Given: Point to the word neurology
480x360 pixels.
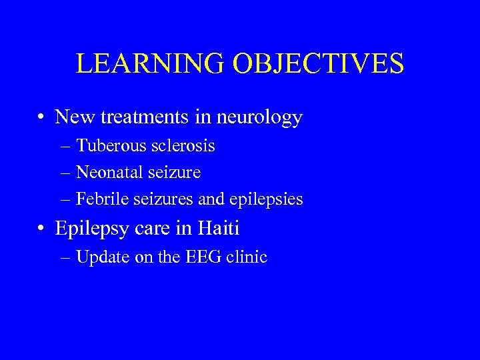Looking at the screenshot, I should pos(261,118).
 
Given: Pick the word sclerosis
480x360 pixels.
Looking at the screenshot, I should pos(185,145).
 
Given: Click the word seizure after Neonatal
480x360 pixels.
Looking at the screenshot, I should pos(175,173).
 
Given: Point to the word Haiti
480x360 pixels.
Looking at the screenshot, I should pos(219,229).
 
